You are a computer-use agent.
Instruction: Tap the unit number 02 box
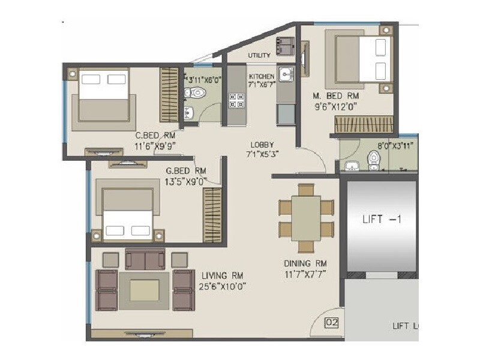click(332, 323)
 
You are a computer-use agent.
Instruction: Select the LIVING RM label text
click(222, 275)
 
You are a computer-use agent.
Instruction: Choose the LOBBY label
click(262, 145)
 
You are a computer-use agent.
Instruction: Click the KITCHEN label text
click(262, 76)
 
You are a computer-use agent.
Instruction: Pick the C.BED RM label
click(151, 135)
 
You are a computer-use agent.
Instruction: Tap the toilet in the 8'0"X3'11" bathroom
click(374, 160)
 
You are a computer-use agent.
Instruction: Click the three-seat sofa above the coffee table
click(145, 259)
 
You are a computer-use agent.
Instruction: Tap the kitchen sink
click(286, 74)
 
